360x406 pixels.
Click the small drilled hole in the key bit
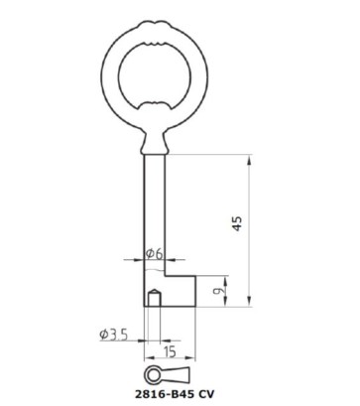[154, 298]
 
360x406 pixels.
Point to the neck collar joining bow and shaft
[153, 145]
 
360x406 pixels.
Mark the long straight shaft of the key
[153, 208]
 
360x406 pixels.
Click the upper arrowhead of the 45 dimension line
[249, 160]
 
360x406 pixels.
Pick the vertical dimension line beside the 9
[230, 292]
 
